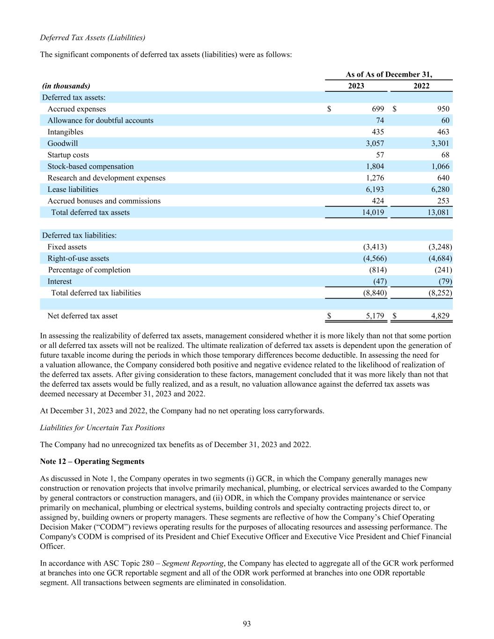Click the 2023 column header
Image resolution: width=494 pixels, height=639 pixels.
pos(356,86)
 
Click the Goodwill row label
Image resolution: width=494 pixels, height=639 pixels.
pos(63,143)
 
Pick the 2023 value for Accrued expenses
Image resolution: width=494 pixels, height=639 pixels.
pos(378,109)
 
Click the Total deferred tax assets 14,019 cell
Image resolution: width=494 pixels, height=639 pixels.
pos(373,212)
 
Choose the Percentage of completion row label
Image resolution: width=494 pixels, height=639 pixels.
pos(89,270)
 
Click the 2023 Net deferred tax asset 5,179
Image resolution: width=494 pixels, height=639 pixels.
pos(375,316)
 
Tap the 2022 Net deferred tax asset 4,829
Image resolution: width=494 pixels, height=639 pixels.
pos(440,316)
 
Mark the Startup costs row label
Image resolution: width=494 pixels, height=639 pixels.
pos(68,155)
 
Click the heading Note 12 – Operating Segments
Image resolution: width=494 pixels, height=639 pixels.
pos(92,461)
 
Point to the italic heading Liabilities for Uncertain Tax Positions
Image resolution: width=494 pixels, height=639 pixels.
pos(102,427)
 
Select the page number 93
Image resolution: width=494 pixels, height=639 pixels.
pos(247,623)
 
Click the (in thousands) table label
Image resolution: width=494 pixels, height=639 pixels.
pos(66,86)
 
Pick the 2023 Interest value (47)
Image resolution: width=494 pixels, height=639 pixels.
pos(380,281)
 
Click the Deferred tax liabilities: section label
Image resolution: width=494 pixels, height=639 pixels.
pos(79,235)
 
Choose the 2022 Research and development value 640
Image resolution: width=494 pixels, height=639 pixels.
pos(443,178)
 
